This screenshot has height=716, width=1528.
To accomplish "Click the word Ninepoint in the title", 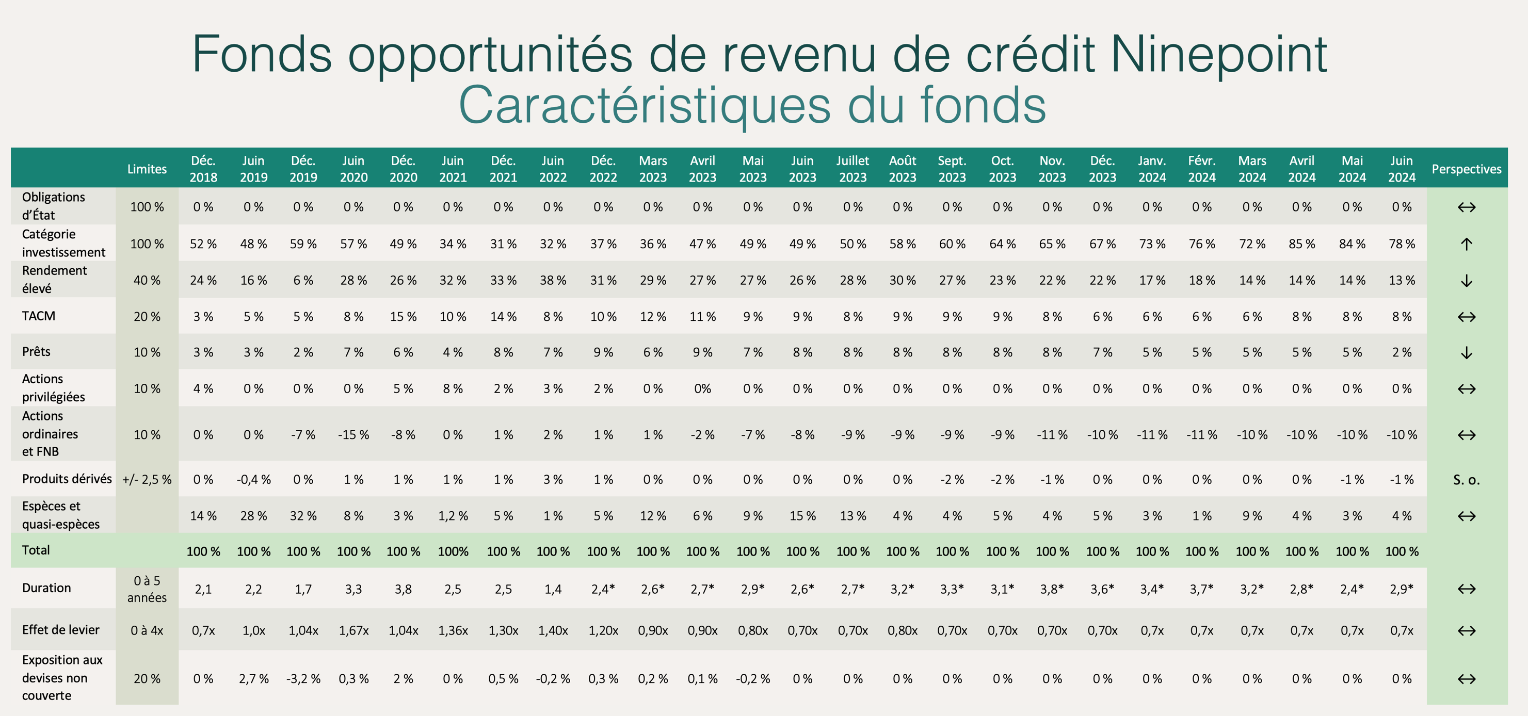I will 1218,54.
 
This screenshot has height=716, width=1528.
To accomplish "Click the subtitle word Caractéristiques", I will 644,106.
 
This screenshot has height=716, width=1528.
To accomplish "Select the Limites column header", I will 147,169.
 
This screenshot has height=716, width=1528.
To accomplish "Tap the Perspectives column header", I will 1466,169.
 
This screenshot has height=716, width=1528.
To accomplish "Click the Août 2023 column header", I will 902,169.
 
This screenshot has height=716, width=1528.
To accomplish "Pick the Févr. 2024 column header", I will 1201,169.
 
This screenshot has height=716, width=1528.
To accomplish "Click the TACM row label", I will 39,316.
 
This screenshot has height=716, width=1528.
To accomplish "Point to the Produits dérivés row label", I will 67,479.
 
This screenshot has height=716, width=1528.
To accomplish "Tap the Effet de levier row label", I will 60,629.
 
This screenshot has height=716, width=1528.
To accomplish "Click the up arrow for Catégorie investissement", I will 1466,243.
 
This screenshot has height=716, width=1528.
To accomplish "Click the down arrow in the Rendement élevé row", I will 1466,280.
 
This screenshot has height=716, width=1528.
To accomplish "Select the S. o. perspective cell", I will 1466,480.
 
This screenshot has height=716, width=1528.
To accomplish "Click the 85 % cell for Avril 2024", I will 1301,243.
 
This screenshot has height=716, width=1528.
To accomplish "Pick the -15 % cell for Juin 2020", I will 353,434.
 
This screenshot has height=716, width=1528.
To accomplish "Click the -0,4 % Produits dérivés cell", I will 253,480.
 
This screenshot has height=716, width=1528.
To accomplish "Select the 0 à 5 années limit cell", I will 147,589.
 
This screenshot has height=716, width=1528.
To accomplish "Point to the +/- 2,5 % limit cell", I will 147,480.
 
